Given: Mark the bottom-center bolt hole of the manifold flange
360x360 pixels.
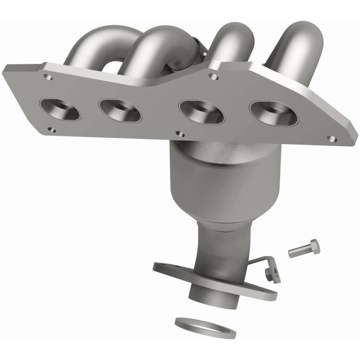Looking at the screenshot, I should tap(181, 134).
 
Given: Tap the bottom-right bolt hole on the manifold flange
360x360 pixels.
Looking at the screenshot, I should tap(332, 138).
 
